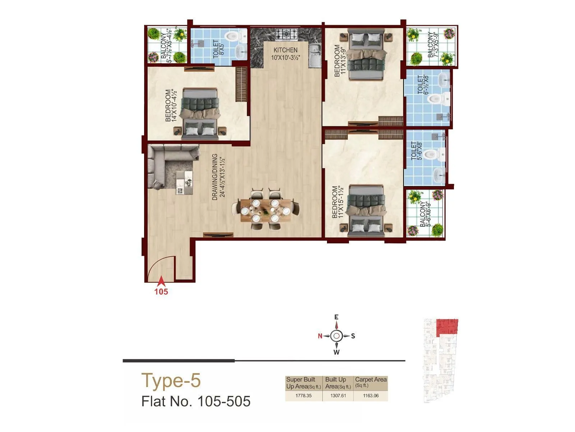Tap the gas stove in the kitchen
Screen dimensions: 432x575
pyautogui.click(x=286, y=35)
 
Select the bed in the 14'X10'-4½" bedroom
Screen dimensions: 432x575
pyautogui.click(x=199, y=113)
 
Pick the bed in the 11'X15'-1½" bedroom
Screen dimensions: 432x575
pyautogui.click(x=366, y=211)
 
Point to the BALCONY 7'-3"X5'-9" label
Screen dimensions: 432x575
pyautogui.click(x=433, y=45)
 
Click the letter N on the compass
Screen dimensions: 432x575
pyautogui.click(x=320, y=336)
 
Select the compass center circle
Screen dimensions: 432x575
pyautogui.click(x=336, y=336)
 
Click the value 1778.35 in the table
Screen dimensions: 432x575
pyautogui.click(x=303, y=396)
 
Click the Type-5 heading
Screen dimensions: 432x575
pyautogui.click(x=171, y=381)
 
